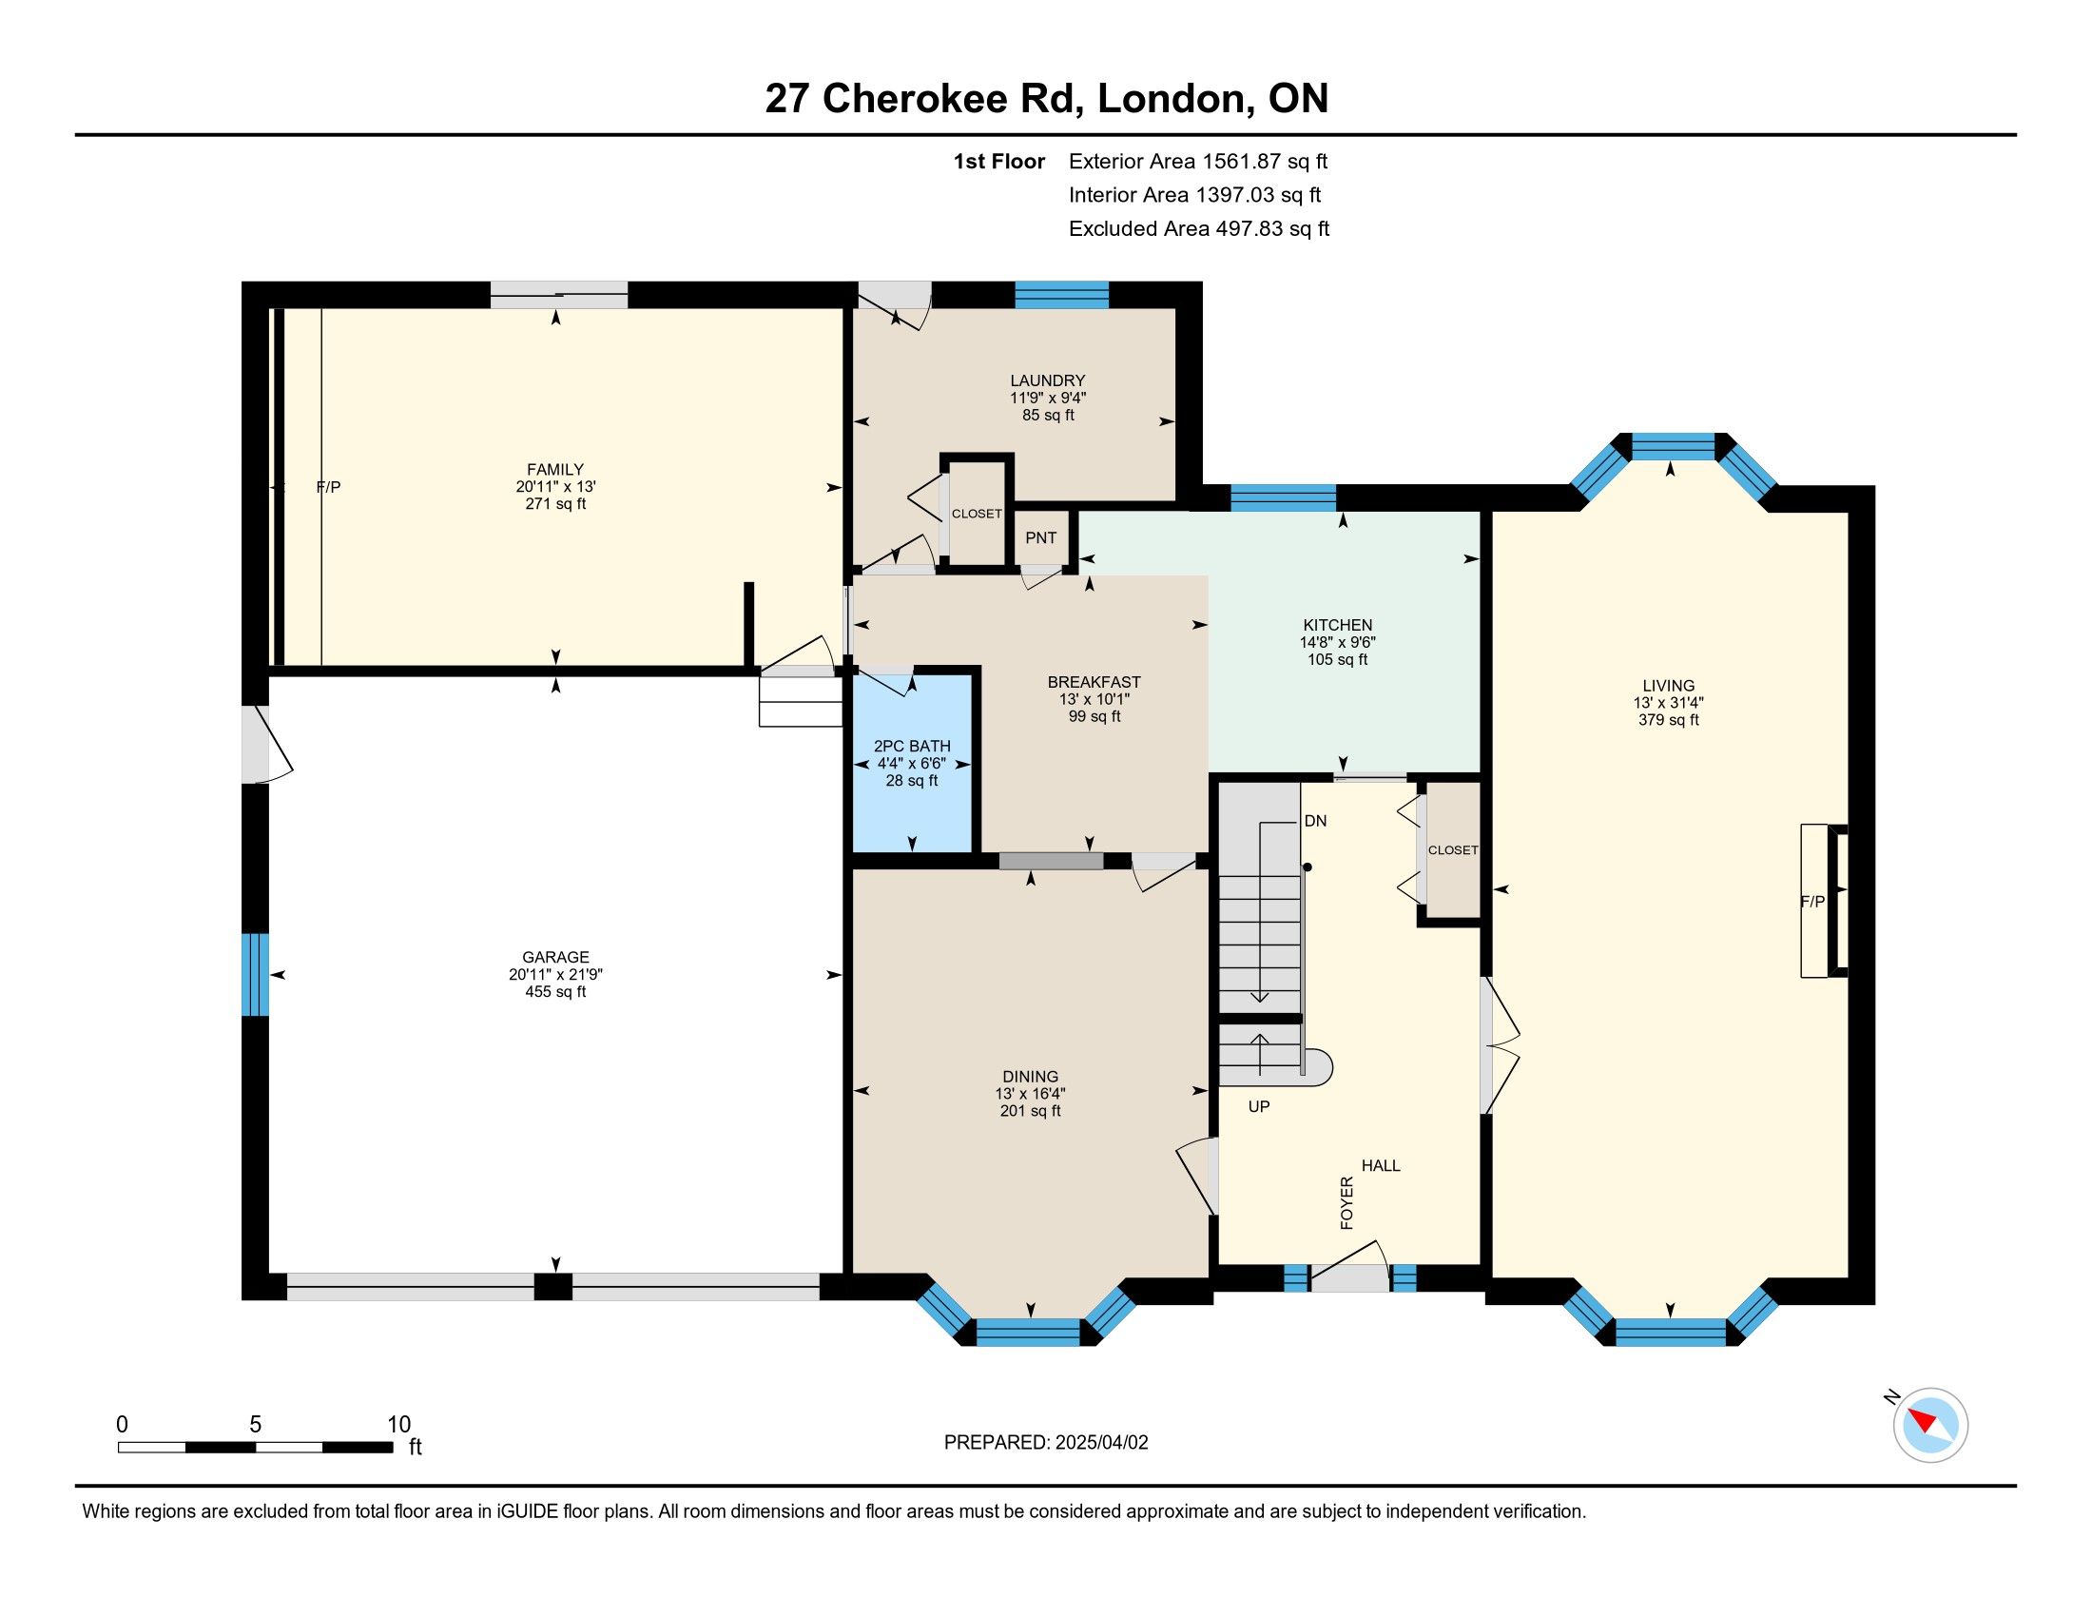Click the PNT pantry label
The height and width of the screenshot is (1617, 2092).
[x=1040, y=537]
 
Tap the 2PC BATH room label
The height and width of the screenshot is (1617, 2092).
[x=912, y=747]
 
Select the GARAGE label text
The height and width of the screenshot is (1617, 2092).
[x=555, y=957]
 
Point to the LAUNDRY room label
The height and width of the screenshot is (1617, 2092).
[x=1048, y=380]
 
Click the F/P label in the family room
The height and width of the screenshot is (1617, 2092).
[x=329, y=488]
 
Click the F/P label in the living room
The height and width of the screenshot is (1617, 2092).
[x=1812, y=902]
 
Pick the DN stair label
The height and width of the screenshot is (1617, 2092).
[x=1315, y=821]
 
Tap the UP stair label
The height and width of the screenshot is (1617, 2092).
[x=1259, y=1106]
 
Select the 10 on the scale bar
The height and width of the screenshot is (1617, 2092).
[x=398, y=1425]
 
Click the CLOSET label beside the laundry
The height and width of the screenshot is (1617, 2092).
[x=977, y=515]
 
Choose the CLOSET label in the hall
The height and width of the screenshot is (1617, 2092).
[x=1453, y=850]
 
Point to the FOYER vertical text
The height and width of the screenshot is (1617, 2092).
[x=1346, y=1203]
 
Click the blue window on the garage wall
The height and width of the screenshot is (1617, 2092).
[x=255, y=974]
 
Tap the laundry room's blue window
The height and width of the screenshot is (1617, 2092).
[x=1061, y=294]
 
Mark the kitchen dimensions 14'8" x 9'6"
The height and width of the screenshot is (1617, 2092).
[x=1337, y=643]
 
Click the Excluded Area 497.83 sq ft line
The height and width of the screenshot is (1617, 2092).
[x=1199, y=229]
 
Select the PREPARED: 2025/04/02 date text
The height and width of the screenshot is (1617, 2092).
[x=1046, y=1443]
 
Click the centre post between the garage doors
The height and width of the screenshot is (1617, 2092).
[x=552, y=1287]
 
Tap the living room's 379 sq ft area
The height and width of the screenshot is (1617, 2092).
[x=1669, y=720]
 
